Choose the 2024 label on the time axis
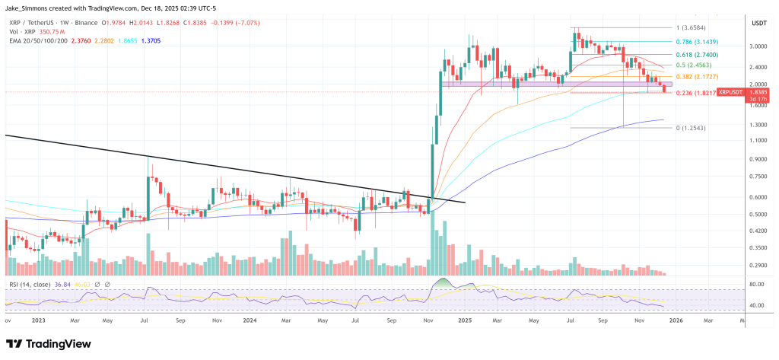[250, 320]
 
